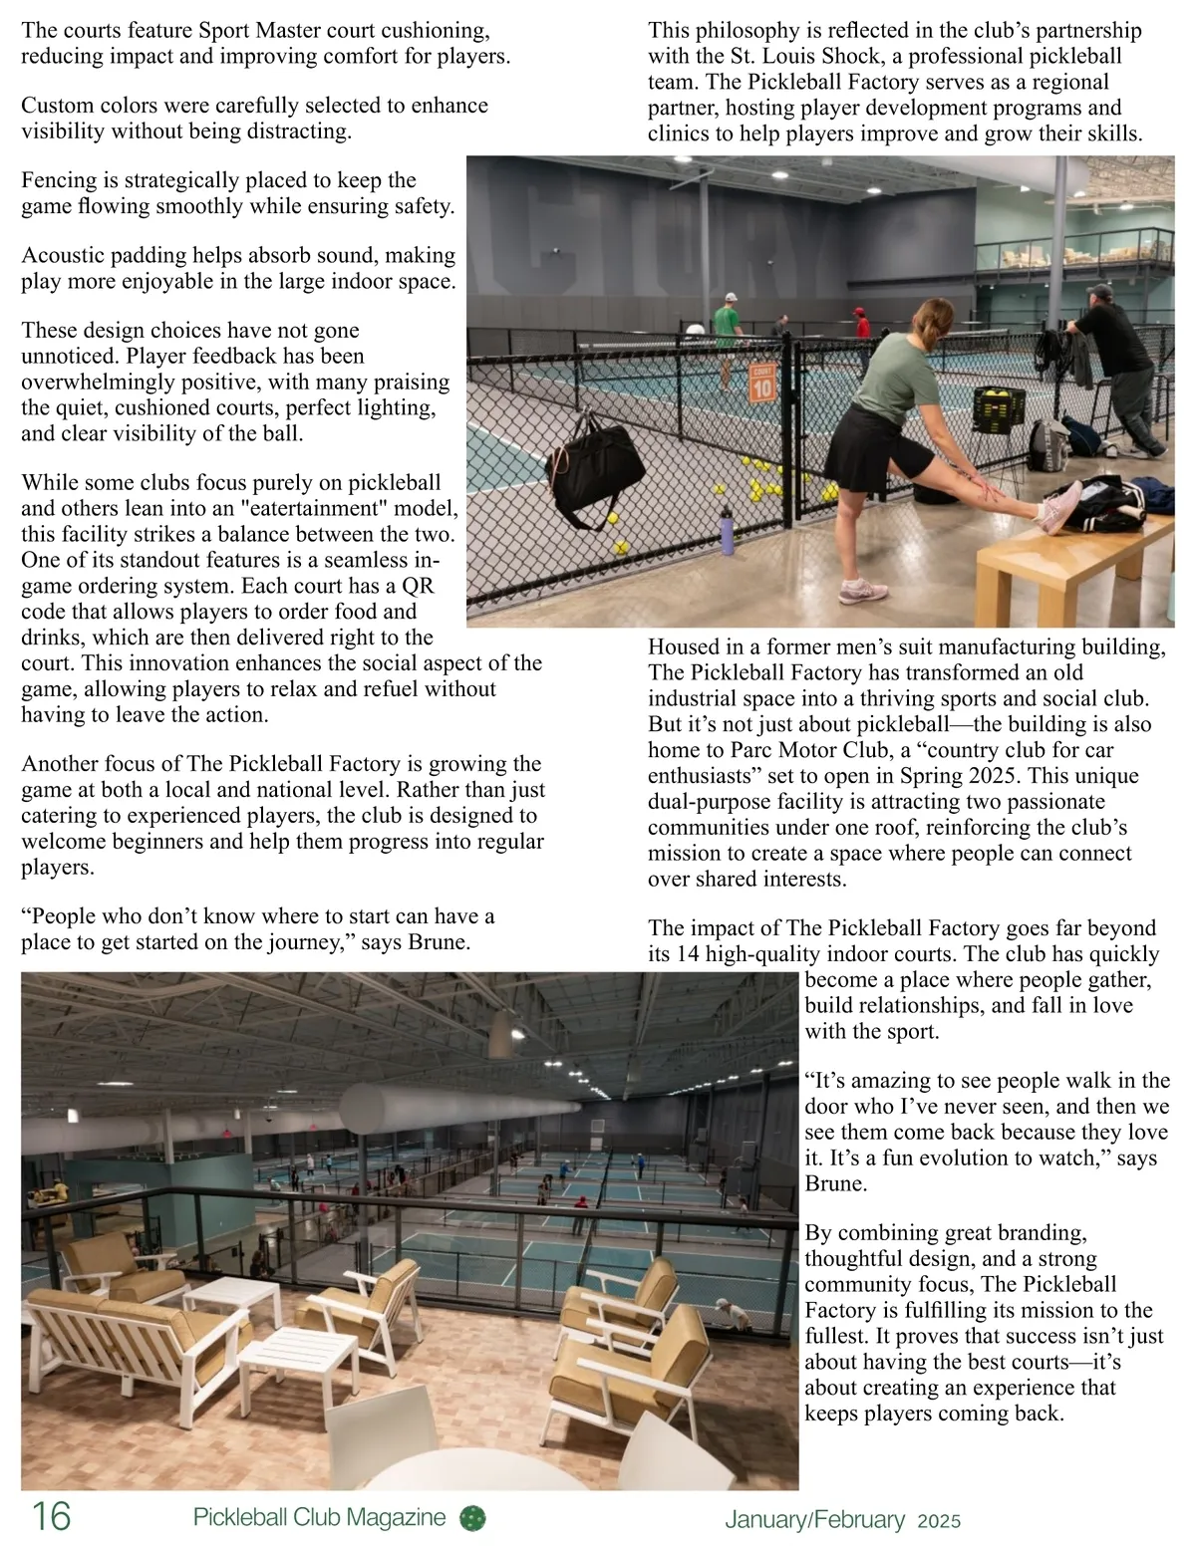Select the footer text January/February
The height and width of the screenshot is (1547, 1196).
(x=814, y=1519)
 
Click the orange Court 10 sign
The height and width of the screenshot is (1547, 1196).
(x=761, y=382)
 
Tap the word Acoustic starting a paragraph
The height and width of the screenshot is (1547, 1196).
(x=64, y=256)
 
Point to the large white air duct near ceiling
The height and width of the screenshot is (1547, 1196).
(x=458, y=1105)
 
